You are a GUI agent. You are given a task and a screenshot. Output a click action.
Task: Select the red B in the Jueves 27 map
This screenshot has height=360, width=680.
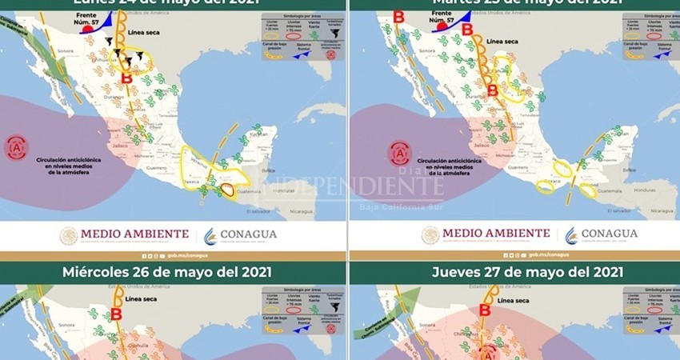tap(484, 310)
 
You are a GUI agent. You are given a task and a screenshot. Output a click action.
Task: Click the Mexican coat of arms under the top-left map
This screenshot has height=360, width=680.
tap(69, 235)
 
